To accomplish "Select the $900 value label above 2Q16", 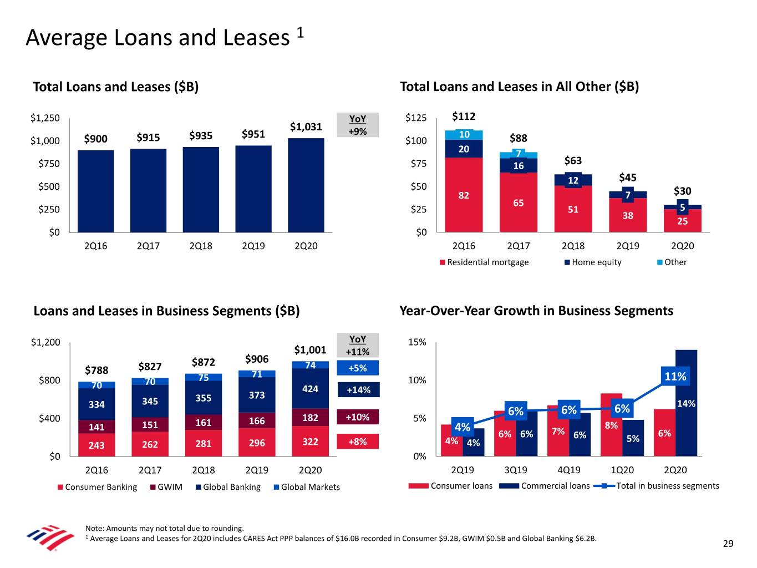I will coord(95,139).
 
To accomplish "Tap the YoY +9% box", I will coord(358,125).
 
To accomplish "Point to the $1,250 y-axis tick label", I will coord(45,118).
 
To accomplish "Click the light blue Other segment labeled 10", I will coord(464,135).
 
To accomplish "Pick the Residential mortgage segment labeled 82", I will coord(464,195).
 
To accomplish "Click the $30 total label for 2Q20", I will coord(682,191).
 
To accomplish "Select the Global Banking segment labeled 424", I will coord(310,388).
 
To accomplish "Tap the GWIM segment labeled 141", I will coord(96,427).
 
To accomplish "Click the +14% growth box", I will coord(358,390).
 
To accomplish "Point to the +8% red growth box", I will coord(358,442).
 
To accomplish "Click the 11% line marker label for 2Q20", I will coord(675,377).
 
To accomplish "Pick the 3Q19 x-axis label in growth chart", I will coord(516,470).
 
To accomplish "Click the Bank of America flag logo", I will coord(50,536).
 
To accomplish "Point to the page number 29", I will coord(728,544).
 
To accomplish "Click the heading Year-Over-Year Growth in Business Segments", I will coord(536,311).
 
